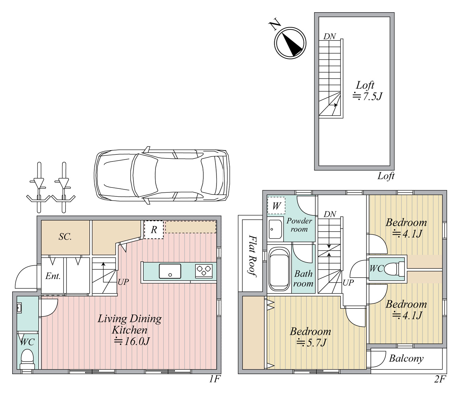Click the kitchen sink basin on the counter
click(170, 271)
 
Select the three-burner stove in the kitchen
click(204, 271)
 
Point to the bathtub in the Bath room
click(279, 270)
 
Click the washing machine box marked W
click(276, 206)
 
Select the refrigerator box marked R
click(154, 230)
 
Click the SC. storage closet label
click(65, 237)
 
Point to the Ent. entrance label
click(53, 276)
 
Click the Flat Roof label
click(253, 256)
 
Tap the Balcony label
click(406, 359)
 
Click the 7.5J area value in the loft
click(368, 96)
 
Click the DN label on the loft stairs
click(330, 36)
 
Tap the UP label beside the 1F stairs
click(123, 282)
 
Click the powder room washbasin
click(275, 229)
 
